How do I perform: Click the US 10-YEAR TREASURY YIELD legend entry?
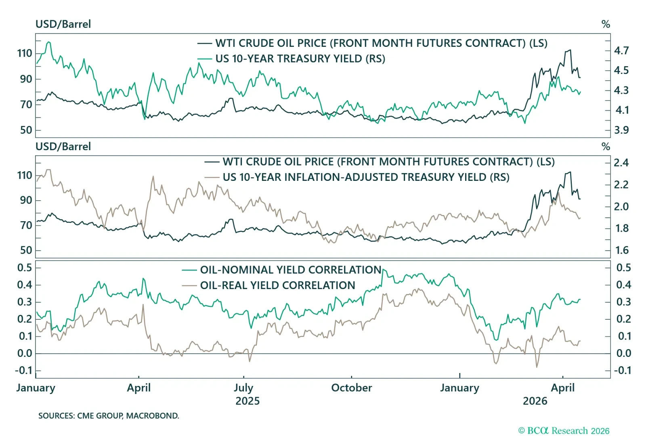point(300,59)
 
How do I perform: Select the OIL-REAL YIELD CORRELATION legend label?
point(277,285)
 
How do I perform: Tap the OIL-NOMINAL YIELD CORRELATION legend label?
point(291,270)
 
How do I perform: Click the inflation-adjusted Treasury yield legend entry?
point(366,177)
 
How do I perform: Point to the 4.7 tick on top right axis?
point(621,51)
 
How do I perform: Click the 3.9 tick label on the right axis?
point(621,130)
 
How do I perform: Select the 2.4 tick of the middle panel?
point(621,163)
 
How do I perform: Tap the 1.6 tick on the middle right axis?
point(622,250)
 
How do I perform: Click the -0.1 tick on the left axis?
point(23,370)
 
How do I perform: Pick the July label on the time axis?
point(243,388)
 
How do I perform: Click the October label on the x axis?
point(351,388)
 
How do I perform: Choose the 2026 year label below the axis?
point(535,401)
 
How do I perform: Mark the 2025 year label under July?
point(247,401)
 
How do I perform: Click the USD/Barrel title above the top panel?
point(63,24)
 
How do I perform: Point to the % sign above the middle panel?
point(605,147)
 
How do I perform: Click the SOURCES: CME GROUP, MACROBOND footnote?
point(109,416)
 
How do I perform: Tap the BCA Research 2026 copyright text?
point(564,431)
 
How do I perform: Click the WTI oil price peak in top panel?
point(570,50)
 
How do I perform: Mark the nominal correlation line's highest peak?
point(383,270)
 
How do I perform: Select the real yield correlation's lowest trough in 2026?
point(537,367)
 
